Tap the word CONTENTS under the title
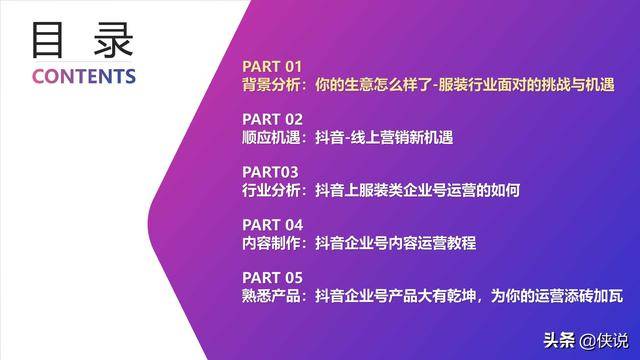84,77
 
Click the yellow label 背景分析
270,85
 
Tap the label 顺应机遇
270,138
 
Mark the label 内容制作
270,243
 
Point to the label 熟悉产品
270,296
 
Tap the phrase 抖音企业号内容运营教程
395,243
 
